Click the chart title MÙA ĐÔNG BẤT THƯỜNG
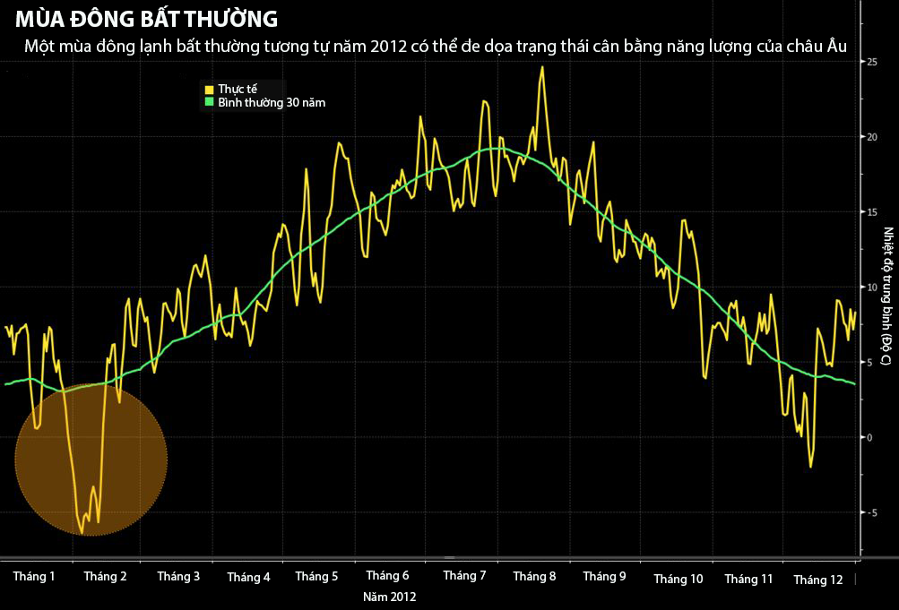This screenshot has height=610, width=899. (146, 18)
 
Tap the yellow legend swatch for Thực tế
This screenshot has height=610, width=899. (209, 90)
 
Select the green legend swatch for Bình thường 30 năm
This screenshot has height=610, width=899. (209, 102)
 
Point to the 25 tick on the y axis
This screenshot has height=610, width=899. (870, 62)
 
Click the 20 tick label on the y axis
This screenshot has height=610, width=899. (870, 137)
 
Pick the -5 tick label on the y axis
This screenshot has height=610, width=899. (870, 512)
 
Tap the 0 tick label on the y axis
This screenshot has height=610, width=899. (869, 437)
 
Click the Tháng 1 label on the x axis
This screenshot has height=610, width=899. (34, 577)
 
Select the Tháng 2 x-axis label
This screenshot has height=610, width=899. (105, 577)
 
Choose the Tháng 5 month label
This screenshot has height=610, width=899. (316, 577)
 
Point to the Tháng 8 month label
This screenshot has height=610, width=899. (534, 577)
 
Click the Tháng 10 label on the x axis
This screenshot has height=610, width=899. (679, 580)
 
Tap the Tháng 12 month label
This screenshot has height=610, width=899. (818, 580)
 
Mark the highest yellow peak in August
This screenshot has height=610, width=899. (542, 67)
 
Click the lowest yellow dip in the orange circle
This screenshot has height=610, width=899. (82, 533)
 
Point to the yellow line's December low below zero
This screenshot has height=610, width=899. (810, 466)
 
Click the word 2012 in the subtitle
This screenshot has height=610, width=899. (391, 46)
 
